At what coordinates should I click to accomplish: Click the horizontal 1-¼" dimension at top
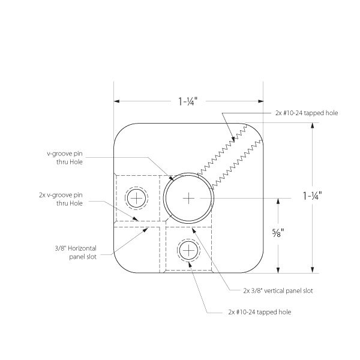coord(188,101)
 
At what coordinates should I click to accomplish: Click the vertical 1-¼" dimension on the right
coord(312,196)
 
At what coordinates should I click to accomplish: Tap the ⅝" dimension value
coord(278,233)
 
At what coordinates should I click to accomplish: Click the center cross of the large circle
coord(188,198)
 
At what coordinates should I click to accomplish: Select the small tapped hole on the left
coord(136,198)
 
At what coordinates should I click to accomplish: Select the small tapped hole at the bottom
coord(188,250)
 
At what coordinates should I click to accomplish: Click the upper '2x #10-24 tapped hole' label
coord(307,113)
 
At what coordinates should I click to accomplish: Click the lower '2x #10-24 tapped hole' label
coord(260,312)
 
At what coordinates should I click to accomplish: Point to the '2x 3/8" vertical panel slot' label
coord(278,291)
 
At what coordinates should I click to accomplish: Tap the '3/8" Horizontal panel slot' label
coord(76,253)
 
